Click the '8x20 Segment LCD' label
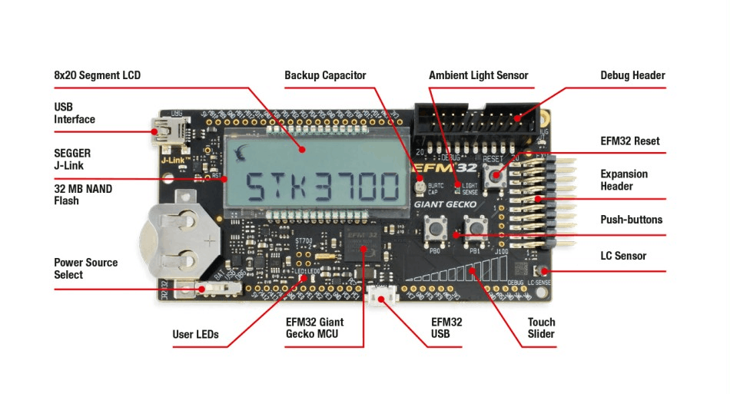coord(97,75)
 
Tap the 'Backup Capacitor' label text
coord(325,75)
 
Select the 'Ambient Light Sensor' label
coord(478,75)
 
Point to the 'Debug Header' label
coord(632,75)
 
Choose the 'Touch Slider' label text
coord(541,328)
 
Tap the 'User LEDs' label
coord(195,334)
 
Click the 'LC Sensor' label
coord(623,256)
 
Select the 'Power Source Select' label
coord(85,268)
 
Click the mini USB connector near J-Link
coord(164,129)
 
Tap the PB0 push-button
coord(440,227)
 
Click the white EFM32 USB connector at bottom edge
coord(380,296)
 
